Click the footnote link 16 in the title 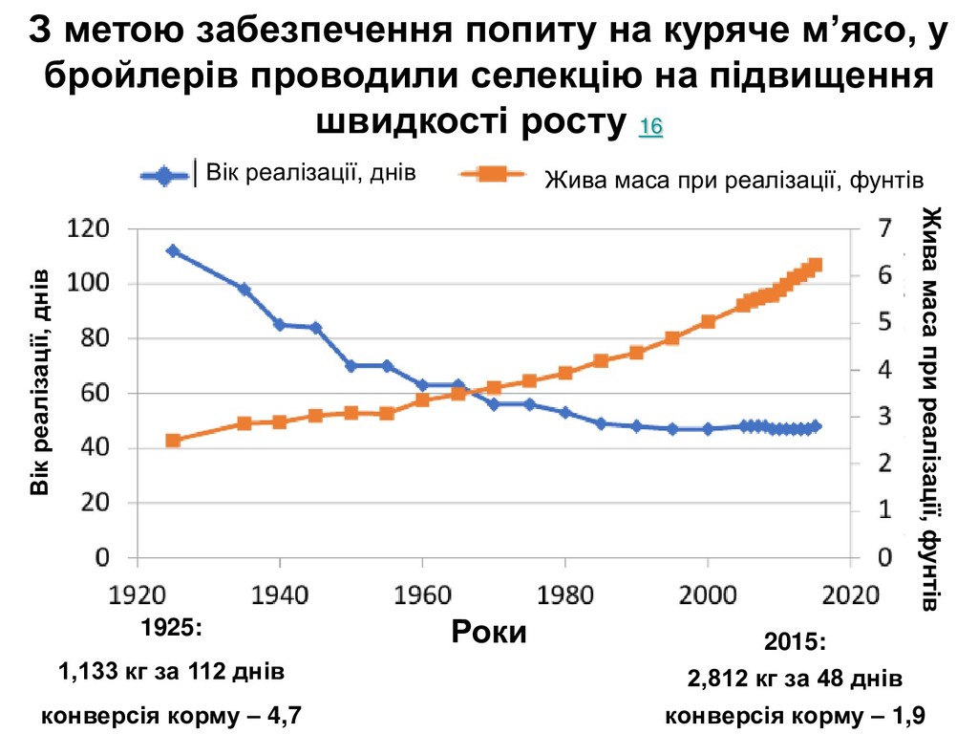tap(650, 127)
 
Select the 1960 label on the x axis tap(423, 594)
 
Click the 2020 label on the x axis tap(850, 594)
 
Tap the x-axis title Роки tap(488, 632)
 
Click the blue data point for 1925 tap(173, 250)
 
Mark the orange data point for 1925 tap(173, 441)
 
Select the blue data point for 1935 tap(244, 289)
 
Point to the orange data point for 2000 tap(708, 321)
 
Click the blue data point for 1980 tap(565, 413)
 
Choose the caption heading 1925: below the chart tap(172, 630)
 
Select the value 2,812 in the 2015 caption tap(713, 680)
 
